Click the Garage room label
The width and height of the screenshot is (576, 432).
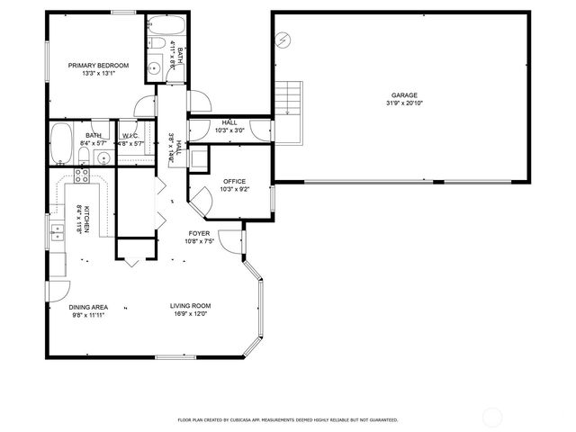click(404, 95)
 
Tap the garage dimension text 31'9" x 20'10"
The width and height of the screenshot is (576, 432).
click(404, 103)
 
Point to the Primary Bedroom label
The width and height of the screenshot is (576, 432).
click(99, 66)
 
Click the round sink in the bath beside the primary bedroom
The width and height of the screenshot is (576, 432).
click(155, 66)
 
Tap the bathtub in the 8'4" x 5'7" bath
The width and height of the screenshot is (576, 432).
click(61, 145)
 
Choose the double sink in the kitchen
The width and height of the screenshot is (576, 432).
click(57, 234)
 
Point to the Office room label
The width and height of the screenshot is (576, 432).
click(234, 182)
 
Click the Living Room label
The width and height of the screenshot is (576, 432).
click(190, 307)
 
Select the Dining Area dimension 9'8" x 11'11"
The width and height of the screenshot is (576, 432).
click(88, 315)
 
